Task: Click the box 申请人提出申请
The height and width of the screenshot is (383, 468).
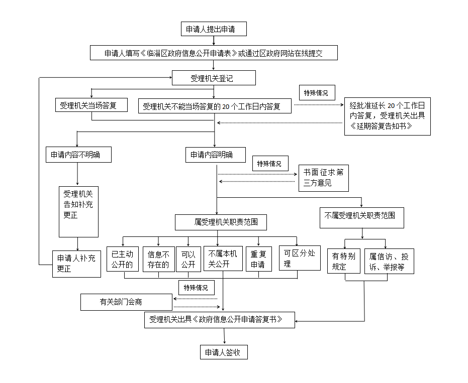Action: [x=214, y=29]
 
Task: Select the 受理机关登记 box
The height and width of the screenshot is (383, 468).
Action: [x=214, y=78]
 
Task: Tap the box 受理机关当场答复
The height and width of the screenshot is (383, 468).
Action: [x=91, y=105]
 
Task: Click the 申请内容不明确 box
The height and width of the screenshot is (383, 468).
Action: [x=78, y=155]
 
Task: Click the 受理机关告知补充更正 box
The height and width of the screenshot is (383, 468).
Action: [x=78, y=212]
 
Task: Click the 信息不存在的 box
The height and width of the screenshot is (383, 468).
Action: [x=158, y=259]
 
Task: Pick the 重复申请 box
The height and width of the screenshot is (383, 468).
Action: [x=258, y=259]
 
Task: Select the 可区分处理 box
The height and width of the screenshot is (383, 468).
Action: [x=300, y=258]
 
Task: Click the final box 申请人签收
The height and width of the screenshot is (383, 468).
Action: [x=224, y=352]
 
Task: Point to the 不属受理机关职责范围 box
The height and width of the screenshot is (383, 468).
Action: [x=361, y=216]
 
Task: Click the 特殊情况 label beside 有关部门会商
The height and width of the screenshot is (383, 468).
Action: [x=196, y=288]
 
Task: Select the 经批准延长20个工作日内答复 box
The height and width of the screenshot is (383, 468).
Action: [x=387, y=116]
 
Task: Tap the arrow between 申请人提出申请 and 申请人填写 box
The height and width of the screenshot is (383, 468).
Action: [x=214, y=41]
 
